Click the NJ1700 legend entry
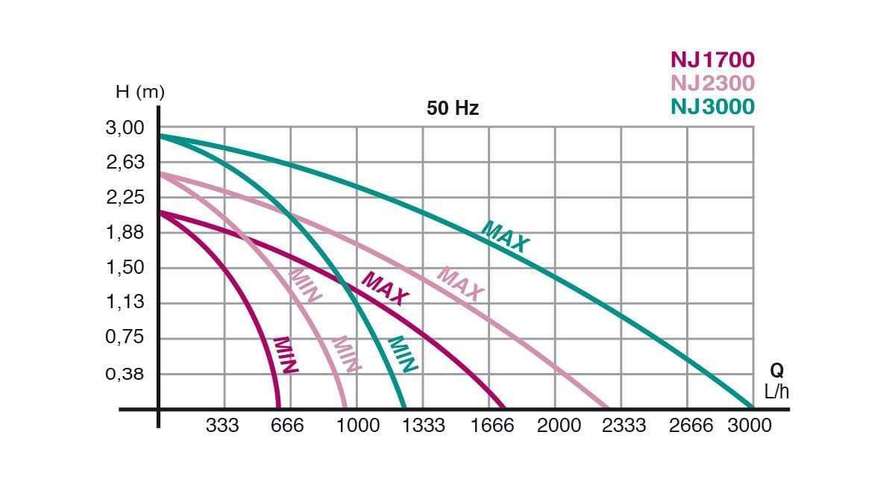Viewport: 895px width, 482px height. [x=712, y=60]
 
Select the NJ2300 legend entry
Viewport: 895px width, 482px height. [x=712, y=83]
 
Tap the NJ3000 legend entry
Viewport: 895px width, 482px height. [x=712, y=107]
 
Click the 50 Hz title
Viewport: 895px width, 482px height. [x=453, y=109]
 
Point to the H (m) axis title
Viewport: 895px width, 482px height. [x=139, y=93]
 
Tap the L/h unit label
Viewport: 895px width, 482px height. [x=776, y=392]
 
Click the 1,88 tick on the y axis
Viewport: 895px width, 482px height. [x=125, y=233]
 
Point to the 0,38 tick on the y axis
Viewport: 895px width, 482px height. [x=125, y=373]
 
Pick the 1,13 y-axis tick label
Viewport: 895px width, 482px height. [x=125, y=302]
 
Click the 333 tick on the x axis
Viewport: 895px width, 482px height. [x=222, y=426]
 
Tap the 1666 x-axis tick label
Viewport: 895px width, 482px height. [x=492, y=426]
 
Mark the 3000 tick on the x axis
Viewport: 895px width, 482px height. [x=750, y=426]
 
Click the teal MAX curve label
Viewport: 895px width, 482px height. [x=506, y=237]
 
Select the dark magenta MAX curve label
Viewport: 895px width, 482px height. [x=386, y=289]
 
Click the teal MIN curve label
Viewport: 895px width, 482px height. [x=403, y=354]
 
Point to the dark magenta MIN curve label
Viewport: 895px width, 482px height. [x=286, y=355]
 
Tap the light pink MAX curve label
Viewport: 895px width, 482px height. [x=460, y=284]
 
